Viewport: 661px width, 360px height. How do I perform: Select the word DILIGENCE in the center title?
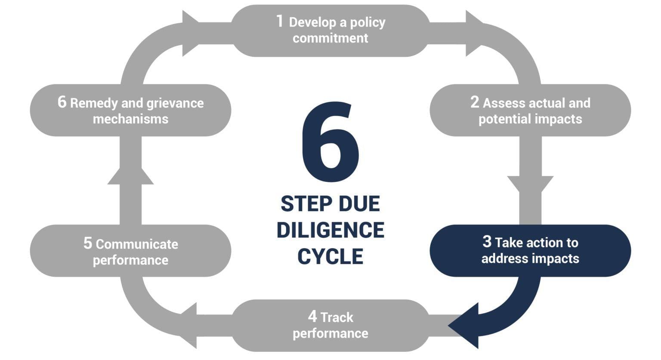(330, 230)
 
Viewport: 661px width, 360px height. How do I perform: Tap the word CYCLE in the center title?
(330, 257)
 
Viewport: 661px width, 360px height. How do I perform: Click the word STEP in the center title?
(305, 204)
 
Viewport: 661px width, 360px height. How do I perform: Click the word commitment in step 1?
(330, 38)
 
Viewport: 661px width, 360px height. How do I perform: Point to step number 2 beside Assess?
(474, 102)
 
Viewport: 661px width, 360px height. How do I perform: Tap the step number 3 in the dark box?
(487, 242)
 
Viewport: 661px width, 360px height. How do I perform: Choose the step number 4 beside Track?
(312, 317)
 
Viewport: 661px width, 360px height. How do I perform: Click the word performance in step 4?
(330, 333)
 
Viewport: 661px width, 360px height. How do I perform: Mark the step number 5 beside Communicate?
(87, 243)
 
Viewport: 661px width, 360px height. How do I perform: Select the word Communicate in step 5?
(137, 244)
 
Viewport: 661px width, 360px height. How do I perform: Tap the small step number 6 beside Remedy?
(62, 102)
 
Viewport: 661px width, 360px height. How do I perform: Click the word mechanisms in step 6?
(130, 119)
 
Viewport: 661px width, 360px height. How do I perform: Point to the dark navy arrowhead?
(466, 325)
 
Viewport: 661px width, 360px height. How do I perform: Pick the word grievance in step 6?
(175, 104)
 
